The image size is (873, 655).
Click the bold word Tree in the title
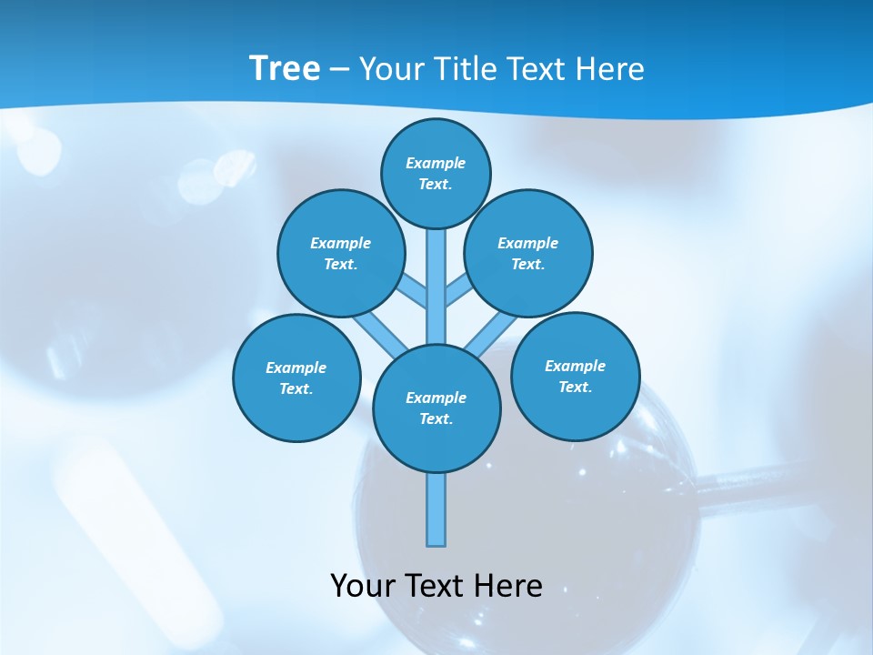(285, 69)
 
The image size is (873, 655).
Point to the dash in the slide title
(340, 70)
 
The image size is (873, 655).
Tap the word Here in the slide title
(610, 69)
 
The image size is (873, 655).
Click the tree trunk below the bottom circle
(436, 509)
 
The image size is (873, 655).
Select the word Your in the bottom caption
(362, 586)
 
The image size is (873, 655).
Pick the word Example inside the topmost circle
(436, 163)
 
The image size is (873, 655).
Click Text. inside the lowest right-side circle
(575, 387)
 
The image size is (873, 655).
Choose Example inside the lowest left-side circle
(296, 368)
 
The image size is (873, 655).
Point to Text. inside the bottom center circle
(436, 418)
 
